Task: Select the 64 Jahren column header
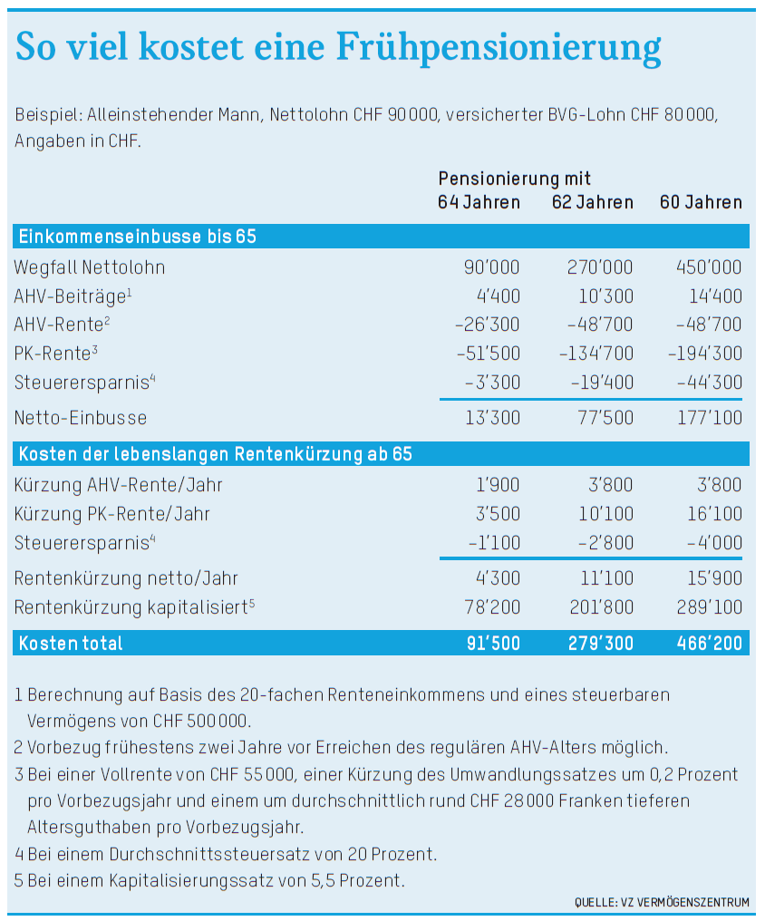tap(479, 202)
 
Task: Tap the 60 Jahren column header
tap(701, 202)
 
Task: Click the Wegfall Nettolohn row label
tap(90, 267)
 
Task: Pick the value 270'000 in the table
tap(593, 267)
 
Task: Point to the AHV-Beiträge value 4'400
tap(496, 296)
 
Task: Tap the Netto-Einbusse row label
tap(80, 418)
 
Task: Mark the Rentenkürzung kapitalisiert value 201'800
tap(593, 607)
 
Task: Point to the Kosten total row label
tap(71, 644)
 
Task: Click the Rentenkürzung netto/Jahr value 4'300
tap(496, 578)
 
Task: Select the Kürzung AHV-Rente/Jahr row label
tap(118, 485)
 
